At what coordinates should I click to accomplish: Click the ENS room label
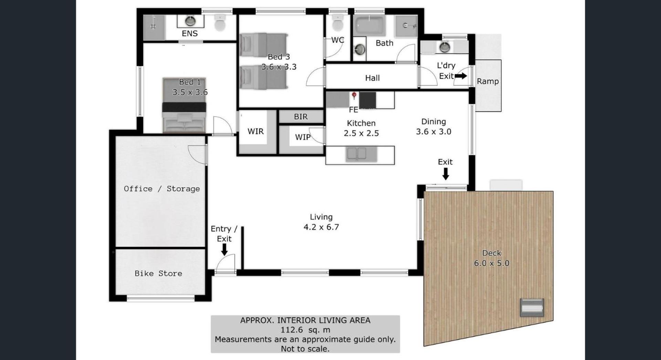[190, 33]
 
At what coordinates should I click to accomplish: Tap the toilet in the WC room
[337, 23]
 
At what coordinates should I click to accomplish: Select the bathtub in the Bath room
[369, 25]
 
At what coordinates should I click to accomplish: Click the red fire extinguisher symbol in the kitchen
[354, 96]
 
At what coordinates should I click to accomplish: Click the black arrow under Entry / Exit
[224, 250]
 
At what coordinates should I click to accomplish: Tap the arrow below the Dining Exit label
[445, 174]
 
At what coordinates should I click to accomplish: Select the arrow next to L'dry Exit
[461, 76]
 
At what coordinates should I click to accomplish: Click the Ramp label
[488, 82]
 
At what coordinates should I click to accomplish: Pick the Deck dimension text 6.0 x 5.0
[492, 263]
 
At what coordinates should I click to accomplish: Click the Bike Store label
[158, 274]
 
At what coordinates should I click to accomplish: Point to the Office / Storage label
[162, 189]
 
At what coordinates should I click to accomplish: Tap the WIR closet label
[255, 131]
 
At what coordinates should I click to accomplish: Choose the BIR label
[301, 117]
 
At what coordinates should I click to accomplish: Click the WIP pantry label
[303, 137]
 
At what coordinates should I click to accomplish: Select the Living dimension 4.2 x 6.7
[321, 227]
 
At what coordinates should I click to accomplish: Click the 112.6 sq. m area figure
[305, 330]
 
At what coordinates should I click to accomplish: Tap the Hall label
[373, 78]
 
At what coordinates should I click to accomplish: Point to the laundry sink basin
[445, 47]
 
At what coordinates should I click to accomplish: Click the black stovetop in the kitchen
[368, 100]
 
